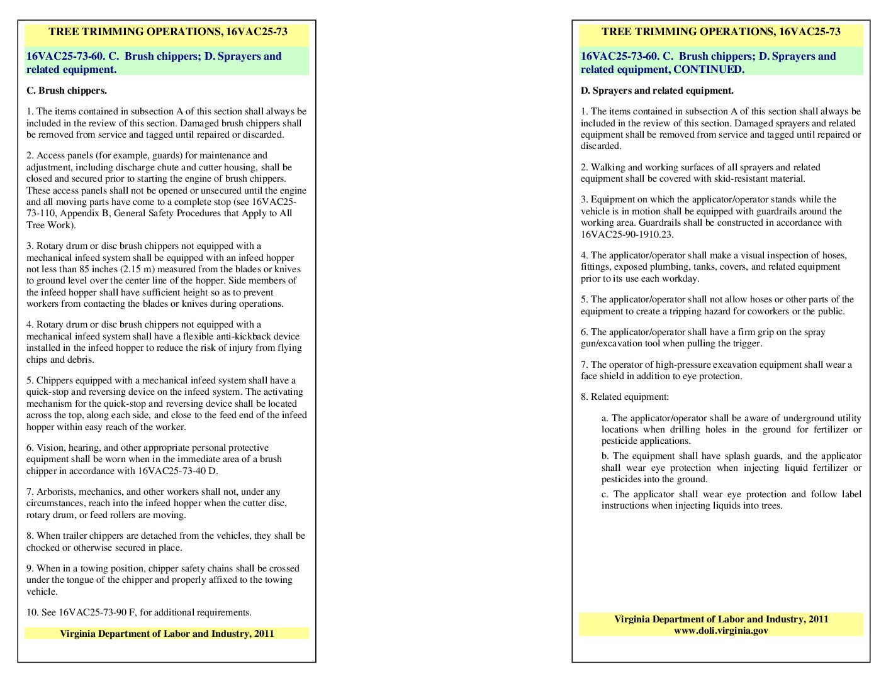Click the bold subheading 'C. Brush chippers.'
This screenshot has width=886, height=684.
pyautogui.click(x=66, y=91)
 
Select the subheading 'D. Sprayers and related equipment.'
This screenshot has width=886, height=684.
pyautogui.click(x=657, y=91)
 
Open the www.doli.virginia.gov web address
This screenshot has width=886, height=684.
pyautogui.click(x=721, y=631)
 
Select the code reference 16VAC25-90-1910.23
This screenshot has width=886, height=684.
pyautogui.click(x=627, y=234)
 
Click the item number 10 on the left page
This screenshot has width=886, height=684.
pyautogui.click(x=32, y=612)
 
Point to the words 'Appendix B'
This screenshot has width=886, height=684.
pyautogui.click(x=84, y=214)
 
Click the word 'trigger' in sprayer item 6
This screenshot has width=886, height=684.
pyautogui.click(x=746, y=343)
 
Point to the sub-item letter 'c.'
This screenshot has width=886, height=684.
pyautogui.click(x=605, y=494)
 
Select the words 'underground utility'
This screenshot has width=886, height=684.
pyautogui.click(x=822, y=418)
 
